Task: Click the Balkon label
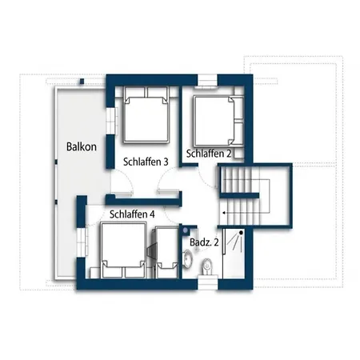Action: [82, 146]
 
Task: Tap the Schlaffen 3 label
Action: [146, 162]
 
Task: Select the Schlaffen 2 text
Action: [209, 154]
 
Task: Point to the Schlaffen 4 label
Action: [132, 214]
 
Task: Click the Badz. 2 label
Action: [204, 242]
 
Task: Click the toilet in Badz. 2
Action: [206, 267]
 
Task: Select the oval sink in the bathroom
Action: [188, 258]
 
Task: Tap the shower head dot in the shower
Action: [241, 233]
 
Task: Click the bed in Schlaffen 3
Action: [146, 114]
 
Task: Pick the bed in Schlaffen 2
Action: [218, 121]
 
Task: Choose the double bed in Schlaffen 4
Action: [123, 250]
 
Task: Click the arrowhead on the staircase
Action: [225, 213]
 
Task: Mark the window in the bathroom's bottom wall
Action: [208, 282]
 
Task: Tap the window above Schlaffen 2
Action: [207, 81]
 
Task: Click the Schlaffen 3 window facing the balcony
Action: [111, 121]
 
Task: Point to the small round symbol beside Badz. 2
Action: [186, 230]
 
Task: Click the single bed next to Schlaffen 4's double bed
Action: [166, 252]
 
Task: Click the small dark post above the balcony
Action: [82, 82]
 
